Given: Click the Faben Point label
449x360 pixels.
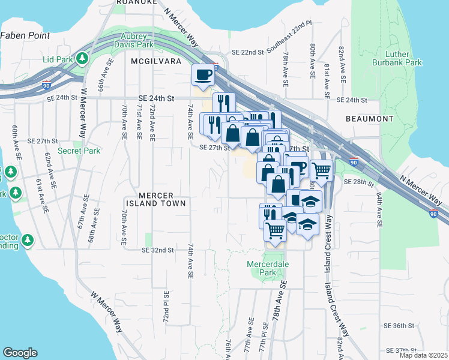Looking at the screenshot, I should (x=25, y=35).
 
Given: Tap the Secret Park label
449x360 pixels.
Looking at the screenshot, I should (x=79, y=151).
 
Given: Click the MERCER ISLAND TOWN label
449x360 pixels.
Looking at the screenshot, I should (x=155, y=199).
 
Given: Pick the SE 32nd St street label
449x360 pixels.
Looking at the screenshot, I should (x=157, y=250).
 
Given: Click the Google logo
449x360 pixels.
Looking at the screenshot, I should (x=20, y=352).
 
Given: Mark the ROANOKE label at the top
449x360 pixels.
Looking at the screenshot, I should (x=136, y=2).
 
